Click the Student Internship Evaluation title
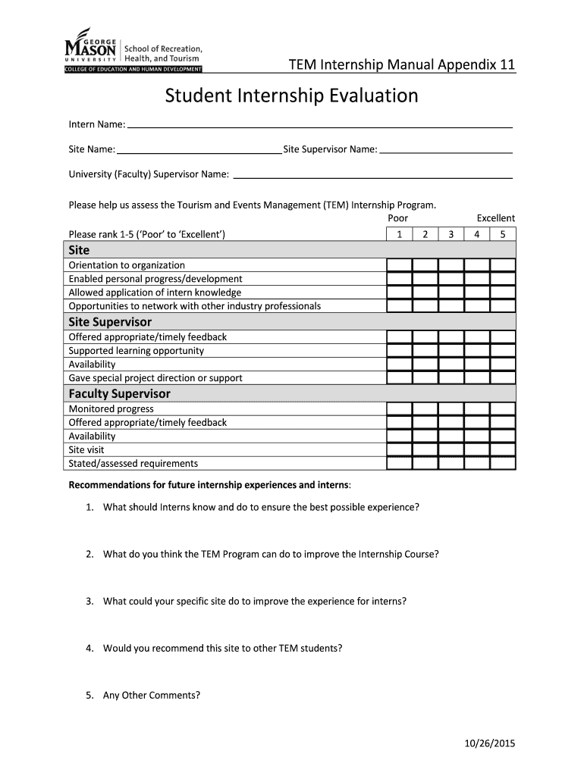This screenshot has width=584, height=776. coord(292,96)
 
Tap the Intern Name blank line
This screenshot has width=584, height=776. coord(319,125)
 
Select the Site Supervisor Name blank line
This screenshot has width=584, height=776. coord(445,152)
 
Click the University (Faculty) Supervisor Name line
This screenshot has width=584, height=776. coord(372,177)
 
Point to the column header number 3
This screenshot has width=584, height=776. coord(451,234)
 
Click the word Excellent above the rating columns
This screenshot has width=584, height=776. coord(495,218)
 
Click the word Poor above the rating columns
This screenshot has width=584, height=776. coord(398,218)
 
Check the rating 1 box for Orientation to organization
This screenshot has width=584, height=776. coord(399,265)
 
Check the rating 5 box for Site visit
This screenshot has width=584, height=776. coord(502,449)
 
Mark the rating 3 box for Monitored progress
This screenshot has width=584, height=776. coord(451,408)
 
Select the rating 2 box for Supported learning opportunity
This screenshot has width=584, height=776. coord(425,351)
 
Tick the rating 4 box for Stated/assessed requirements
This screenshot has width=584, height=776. coord(476,463)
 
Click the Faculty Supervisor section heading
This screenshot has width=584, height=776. coord(119,393)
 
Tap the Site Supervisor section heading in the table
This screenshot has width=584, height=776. coord(110,321)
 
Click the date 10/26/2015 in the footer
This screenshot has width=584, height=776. coord(490,743)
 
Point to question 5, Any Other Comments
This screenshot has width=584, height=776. coord(152,695)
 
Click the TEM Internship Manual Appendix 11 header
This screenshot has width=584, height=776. coord(402,65)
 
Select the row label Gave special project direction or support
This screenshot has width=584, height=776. coord(155,378)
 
